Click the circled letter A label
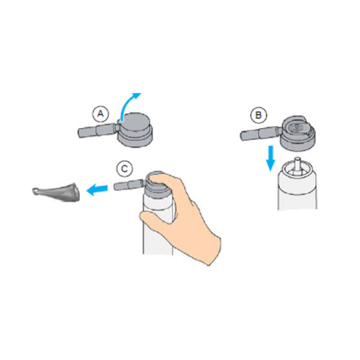pyautogui.click(x=101, y=114)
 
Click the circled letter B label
pyautogui.click(x=258, y=115)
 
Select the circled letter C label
pyautogui.click(x=125, y=168)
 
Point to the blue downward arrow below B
pyautogui.click(x=271, y=158)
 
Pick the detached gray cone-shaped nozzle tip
pyautogui.click(x=56, y=192)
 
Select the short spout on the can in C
pyautogui.click(x=129, y=185)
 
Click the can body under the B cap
pyautogui.click(x=297, y=189)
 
